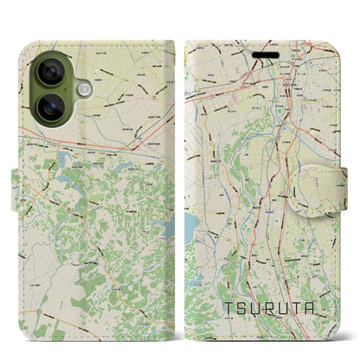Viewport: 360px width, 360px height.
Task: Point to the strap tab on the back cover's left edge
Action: (18, 181)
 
